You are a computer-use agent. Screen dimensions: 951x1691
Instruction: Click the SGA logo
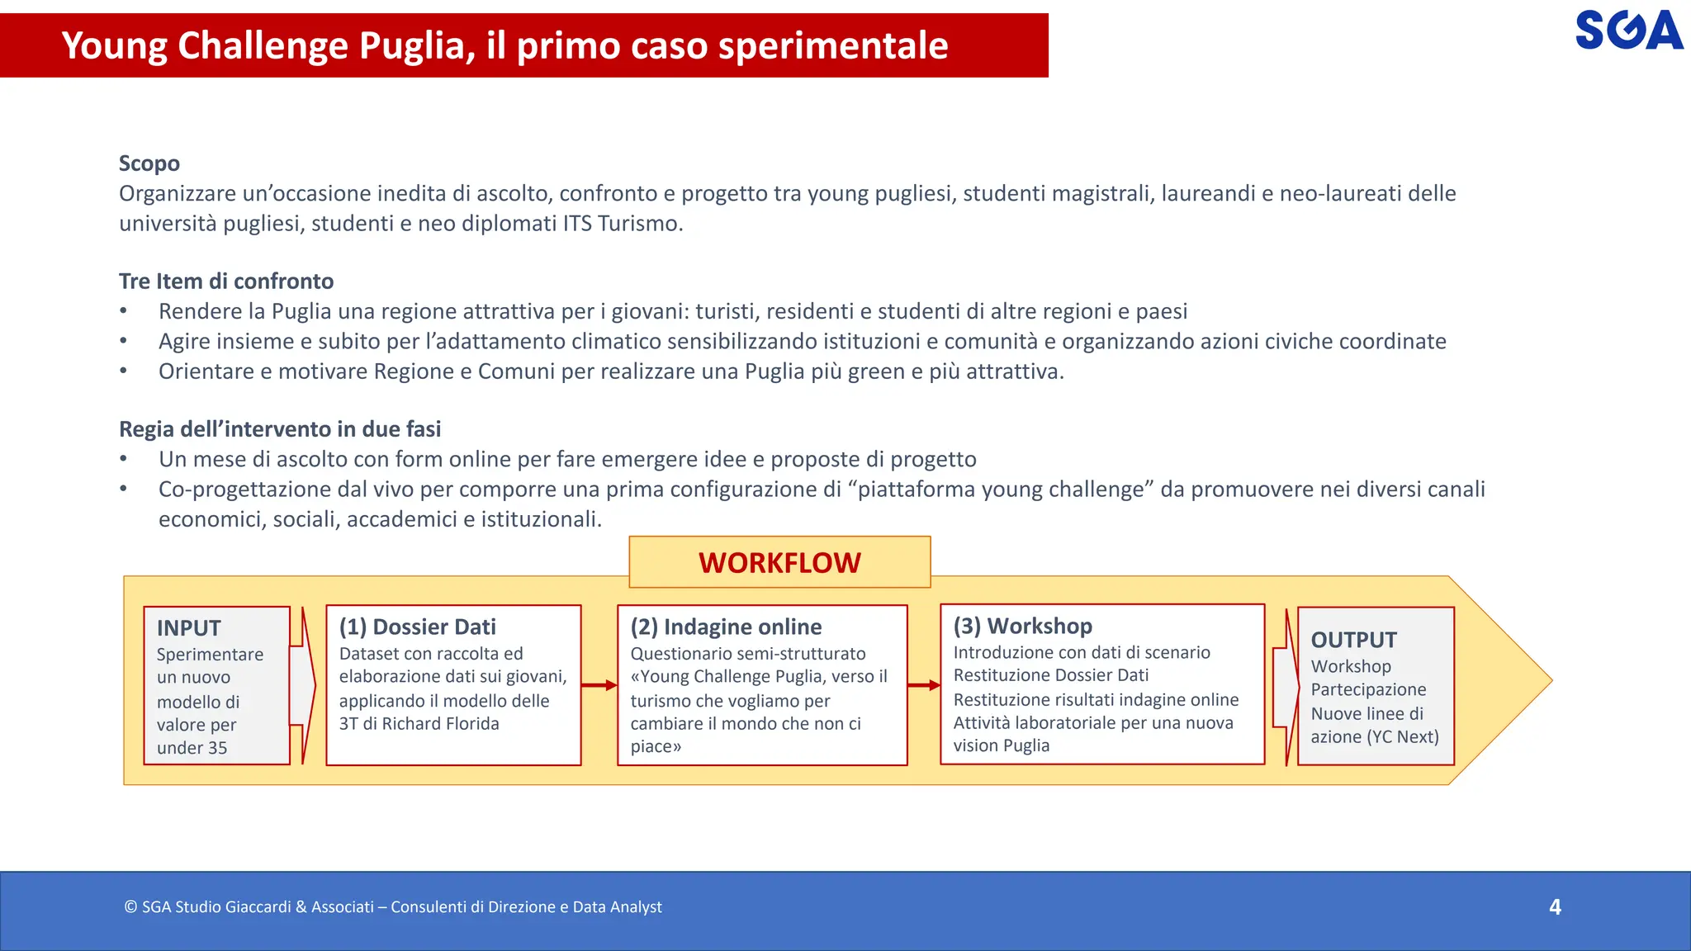click(1628, 31)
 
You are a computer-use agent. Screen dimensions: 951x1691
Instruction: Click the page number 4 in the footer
click(1555, 906)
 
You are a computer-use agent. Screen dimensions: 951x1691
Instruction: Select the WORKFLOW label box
click(779, 562)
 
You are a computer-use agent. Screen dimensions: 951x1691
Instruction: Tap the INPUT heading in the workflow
click(189, 628)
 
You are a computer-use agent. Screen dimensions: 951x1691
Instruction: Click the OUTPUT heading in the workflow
click(1353, 640)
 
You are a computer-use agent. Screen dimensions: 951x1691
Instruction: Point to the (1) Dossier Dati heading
click(418, 627)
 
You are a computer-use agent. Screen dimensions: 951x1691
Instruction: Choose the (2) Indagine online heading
click(726, 627)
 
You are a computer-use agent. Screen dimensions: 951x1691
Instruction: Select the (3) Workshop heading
click(1022, 626)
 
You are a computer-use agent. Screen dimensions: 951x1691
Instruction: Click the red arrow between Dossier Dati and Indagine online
click(599, 685)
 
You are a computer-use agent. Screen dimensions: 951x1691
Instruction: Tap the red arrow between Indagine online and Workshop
click(923, 685)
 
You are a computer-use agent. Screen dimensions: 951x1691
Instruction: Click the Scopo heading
click(149, 163)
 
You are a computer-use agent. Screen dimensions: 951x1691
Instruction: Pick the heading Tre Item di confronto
click(226, 282)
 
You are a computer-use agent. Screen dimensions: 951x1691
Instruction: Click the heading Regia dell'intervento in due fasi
click(280, 429)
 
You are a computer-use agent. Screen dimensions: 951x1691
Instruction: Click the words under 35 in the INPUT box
click(192, 748)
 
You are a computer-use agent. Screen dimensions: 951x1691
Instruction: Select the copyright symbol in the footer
click(130, 907)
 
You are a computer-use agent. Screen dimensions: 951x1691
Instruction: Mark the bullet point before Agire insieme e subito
click(123, 341)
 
